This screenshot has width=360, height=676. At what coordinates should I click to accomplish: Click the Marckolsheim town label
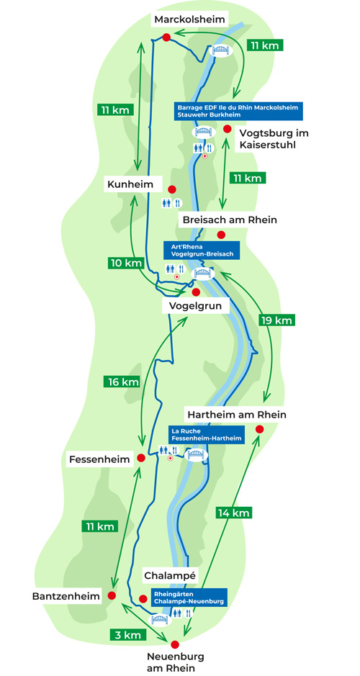tap(189, 19)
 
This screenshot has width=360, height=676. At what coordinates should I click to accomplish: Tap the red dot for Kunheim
tap(171, 189)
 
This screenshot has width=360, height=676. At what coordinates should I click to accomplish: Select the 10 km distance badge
tap(124, 263)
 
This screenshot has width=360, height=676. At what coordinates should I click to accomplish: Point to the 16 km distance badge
tap(122, 381)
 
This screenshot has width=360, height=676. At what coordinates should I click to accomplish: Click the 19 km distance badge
tap(277, 320)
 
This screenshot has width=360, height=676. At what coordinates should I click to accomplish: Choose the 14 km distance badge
tap(234, 512)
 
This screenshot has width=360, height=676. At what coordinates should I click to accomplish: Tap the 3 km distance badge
tap(128, 634)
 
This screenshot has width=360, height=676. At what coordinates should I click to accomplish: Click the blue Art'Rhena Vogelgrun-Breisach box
tap(201, 250)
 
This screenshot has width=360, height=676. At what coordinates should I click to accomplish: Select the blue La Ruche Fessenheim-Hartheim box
tap(207, 435)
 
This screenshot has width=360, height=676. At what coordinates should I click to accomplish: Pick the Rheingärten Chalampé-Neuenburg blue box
tap(189, 597)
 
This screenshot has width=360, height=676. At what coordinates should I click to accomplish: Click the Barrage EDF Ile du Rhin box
tap(239, 112)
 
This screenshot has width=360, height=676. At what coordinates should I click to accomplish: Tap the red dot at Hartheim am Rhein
tap(259, 429)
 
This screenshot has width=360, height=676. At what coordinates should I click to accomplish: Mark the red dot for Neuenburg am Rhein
tap(175, 644)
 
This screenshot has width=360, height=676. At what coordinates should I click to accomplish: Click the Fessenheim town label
tap(99, 459)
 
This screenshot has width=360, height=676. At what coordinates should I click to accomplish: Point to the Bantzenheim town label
tap(66, 596)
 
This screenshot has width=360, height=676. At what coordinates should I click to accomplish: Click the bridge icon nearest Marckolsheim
tap(220, 50)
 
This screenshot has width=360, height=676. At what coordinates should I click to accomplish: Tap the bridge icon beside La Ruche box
tap(196, 454)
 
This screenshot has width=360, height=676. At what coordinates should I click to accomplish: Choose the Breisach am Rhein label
tap(230, 220)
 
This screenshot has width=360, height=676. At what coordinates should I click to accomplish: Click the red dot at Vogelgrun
tap(196, 292)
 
